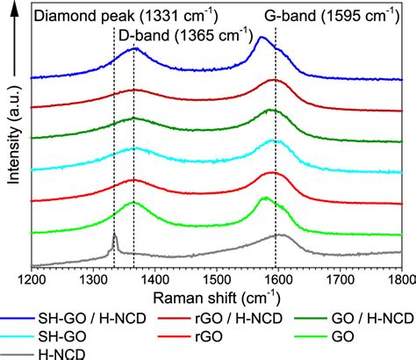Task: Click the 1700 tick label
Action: pyautogui.click(x=340, y=278)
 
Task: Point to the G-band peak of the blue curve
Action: pyautogui.click(x=262, y=39)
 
